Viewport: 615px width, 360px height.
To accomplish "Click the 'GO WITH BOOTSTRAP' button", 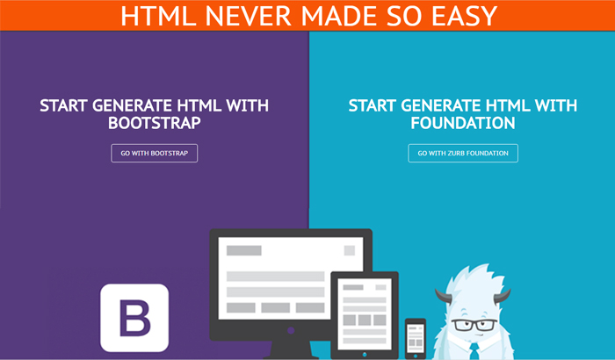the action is (154, 153).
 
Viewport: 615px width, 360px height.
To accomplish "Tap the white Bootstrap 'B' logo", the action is (134, 318).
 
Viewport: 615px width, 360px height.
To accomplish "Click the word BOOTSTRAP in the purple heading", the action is (155, 123).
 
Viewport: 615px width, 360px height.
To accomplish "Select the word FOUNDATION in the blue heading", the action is (463, 123).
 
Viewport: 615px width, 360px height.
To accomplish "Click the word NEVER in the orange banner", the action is (248, 16).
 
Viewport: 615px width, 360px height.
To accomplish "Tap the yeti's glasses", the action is (474, 325).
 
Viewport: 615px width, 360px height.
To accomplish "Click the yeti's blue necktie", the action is (474, 351).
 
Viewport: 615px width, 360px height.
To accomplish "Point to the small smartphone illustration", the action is (416, 339).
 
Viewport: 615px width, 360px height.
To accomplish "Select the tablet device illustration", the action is (365, 315).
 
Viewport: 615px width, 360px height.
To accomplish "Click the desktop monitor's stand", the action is (291, 349).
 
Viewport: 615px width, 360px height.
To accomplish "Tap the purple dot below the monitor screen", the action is (291, 331).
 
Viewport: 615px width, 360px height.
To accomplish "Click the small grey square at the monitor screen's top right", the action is (350, 250).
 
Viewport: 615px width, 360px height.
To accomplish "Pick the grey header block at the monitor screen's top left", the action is (244, 250).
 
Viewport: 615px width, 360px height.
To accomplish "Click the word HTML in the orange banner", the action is (158, 16).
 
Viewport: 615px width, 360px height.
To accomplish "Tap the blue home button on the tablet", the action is (365, 355).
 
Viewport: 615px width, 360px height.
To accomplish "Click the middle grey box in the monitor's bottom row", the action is (276, 308).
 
